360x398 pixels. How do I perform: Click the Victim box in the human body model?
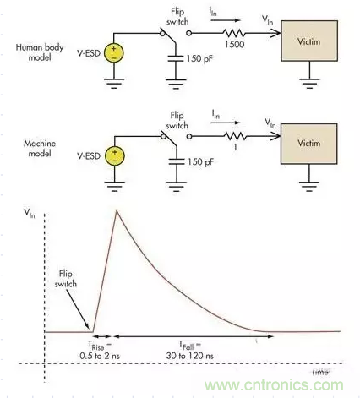point(310,40)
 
